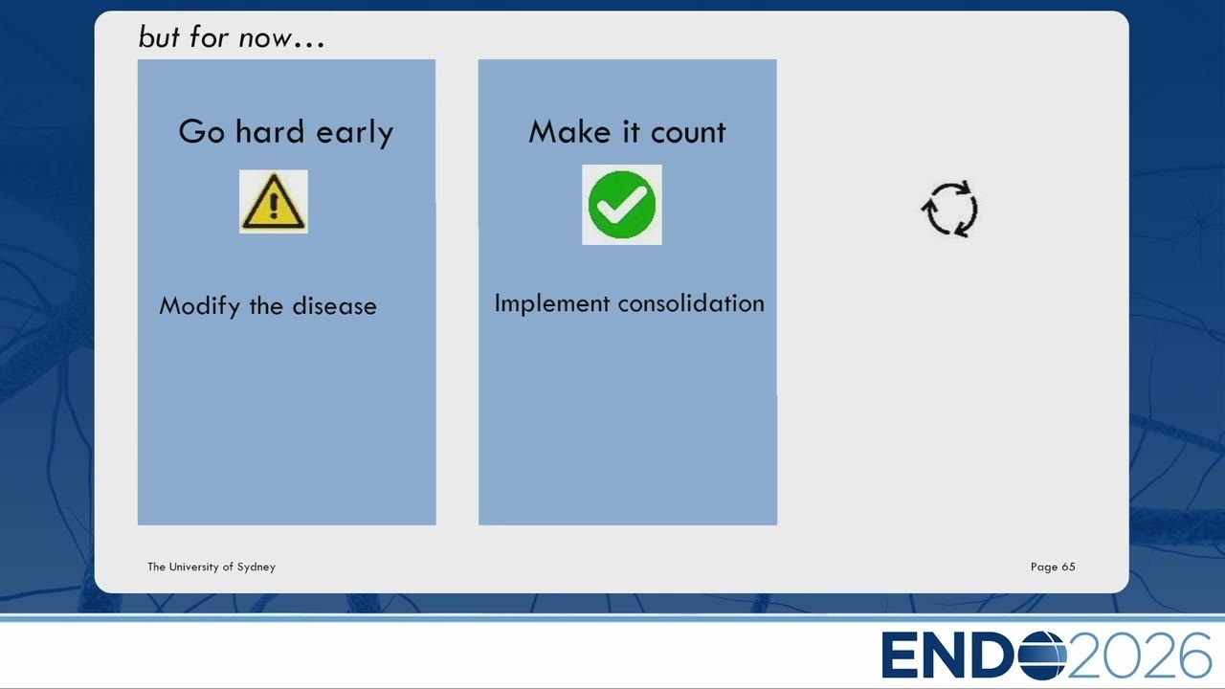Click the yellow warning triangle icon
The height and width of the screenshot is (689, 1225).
click(274, 202)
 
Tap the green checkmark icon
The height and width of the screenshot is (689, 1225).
click(622, 205)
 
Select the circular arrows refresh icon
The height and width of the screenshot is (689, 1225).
click(950, 209)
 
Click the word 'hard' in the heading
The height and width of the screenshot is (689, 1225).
click(270, 131)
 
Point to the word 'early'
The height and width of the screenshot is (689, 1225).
click(355, 133)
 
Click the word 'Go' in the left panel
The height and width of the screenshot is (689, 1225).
click(201, 132)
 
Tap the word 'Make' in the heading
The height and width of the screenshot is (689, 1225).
click(569, 132)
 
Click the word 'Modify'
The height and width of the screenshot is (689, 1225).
click(200, 306)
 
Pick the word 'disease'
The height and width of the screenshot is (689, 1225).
click(335, 306)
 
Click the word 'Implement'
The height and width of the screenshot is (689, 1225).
click(552, 303)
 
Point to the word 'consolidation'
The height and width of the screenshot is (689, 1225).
click(691, 303)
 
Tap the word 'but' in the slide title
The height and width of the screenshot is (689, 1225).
click(159, 36)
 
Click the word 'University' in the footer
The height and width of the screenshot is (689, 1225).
click(193, 567)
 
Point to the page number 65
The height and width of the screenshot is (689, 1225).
click(1068, 567)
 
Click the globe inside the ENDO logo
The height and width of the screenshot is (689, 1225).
click(1042, 655)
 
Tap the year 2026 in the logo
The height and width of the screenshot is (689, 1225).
click(1140, 656)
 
